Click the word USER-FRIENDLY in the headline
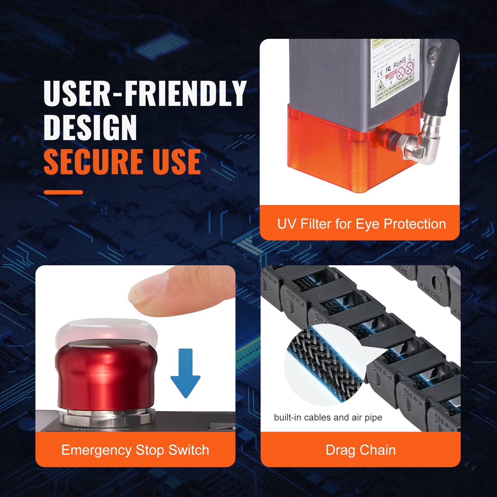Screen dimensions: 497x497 145,93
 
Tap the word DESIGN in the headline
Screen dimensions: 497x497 90,128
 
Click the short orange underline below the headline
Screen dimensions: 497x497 63,192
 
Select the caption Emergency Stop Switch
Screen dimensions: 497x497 135,450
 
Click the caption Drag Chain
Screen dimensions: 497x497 361,450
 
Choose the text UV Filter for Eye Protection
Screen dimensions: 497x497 361,224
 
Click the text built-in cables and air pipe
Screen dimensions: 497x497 328,417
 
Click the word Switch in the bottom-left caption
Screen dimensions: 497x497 189,450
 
